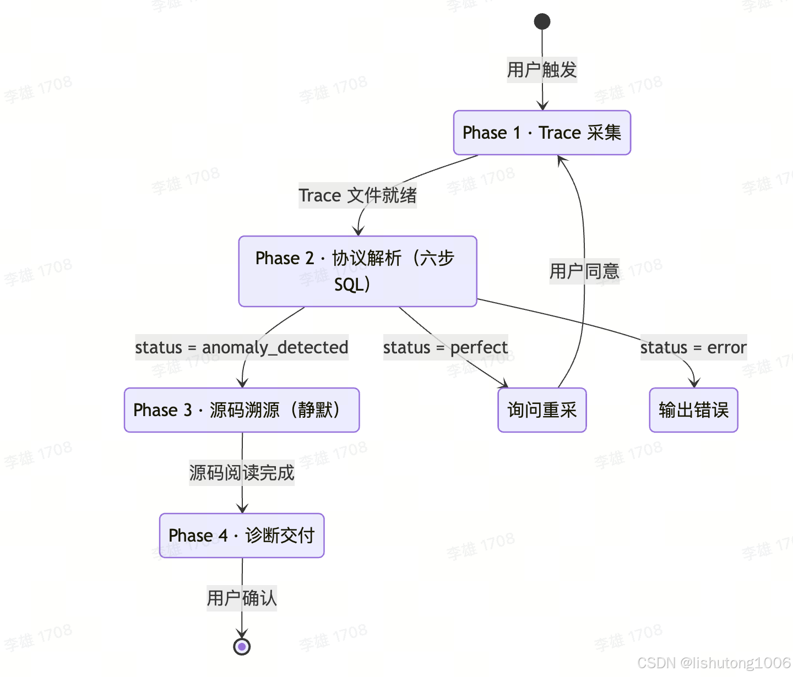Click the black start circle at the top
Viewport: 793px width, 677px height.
[542, 21]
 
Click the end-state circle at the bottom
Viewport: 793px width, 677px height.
[242, 647]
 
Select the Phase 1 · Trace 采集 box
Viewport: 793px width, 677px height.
[542, 133]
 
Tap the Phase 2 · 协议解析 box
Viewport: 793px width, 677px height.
[357, 271]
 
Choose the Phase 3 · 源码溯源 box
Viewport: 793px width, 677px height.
[242, 410]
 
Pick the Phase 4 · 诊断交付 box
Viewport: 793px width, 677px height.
[242, 536]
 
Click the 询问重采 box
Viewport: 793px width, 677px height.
[542, 410]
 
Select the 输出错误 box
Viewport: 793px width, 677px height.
[693, 410]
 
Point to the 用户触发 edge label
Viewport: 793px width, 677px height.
[542, 70]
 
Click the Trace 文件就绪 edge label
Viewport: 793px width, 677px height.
[357, 195]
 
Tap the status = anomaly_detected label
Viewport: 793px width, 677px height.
[242, 347]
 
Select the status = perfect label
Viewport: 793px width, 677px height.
[446, 347]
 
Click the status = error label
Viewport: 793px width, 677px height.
[693, 347]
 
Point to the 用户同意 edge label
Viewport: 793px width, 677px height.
[584, 271]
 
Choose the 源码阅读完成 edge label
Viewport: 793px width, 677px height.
[242, 473]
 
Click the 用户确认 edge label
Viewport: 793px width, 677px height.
[242, 598]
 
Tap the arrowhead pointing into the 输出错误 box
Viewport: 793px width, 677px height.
[694, 383]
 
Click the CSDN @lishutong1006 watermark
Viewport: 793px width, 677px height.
[714, 663]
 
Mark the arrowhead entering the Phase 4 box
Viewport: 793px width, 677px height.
[242, 508]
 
